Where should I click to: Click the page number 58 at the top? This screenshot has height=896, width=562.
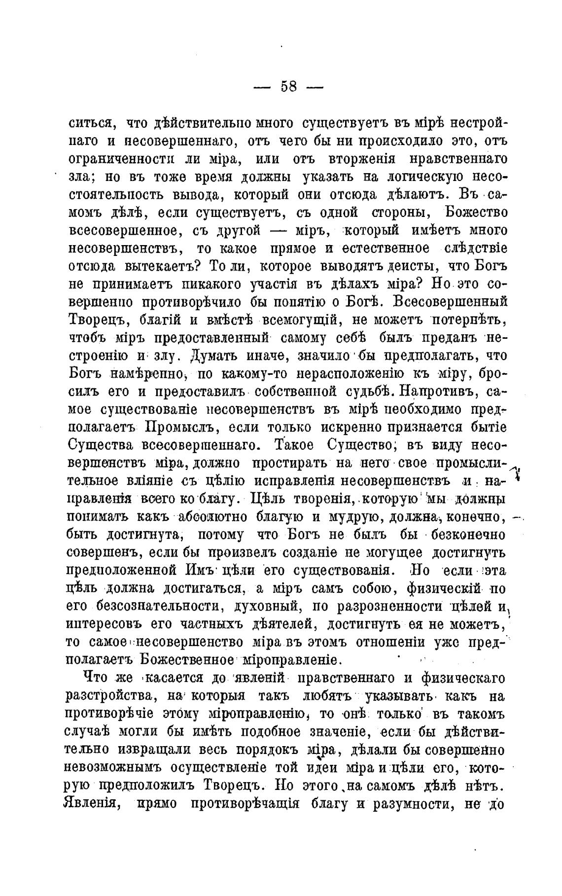288,87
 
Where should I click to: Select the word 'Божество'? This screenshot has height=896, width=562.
476,213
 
